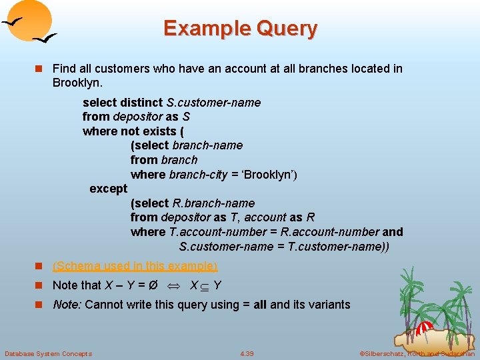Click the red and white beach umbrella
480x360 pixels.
pos(424,328)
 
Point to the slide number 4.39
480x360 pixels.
pos(247,353)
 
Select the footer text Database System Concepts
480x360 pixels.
pos(48,353)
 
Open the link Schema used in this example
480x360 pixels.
pos(135,266)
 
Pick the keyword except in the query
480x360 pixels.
pos(108,189)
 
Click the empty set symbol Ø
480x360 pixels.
pos(153,285)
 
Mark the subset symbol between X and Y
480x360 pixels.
pos(204,286)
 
